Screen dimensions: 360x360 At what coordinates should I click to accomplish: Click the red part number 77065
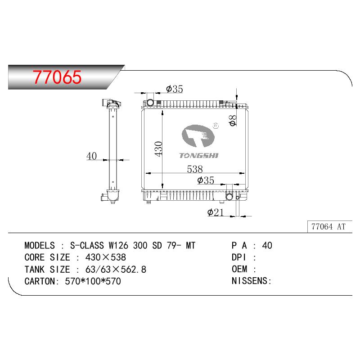pyautogui.click(x=57, y=77)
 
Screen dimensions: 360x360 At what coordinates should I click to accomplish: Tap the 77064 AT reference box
pyautogui.click(x=329, y=227)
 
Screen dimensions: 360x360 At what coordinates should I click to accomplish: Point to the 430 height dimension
pyautogui.click(x=158, y=149)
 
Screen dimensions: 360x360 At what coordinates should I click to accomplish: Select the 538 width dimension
pyautogui.click(x=195, y=169)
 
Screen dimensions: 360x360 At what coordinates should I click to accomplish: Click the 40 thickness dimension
pyautogui.click(x=91, y=156)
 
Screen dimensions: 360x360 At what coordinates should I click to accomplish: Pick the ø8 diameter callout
pyautogui.click(x=233, y=120)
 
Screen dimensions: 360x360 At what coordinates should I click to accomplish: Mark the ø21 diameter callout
pyautogui.click(x=215, y=212)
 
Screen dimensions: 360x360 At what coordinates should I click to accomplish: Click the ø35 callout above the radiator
pyautogui.click(x=175, y=89)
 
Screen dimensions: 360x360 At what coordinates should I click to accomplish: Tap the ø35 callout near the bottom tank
pyautogui.click(x=206, y=180)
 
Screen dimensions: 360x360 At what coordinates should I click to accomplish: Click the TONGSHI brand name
pyautogui.click(x=198, y=156)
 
